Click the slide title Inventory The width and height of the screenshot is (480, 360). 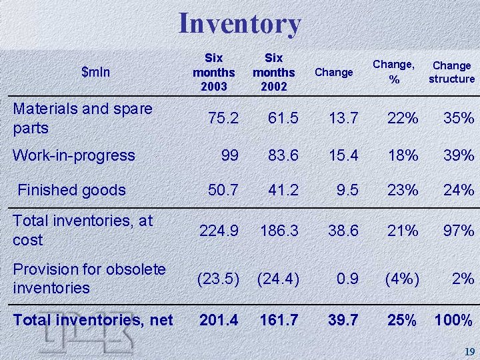click(239, 24)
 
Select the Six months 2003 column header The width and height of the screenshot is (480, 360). click(213, 72)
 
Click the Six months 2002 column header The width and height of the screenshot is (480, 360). click(274, 72)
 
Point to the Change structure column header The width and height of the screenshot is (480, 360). click(451, 72)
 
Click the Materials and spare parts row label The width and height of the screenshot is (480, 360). click(83, 117)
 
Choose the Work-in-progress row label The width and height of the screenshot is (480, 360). click(74, 155)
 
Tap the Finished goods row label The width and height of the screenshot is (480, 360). click(71, 190)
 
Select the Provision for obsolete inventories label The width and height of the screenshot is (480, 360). click(89, 278)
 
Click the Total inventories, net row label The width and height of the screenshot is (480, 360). click(93, 321)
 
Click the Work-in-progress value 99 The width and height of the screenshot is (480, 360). click(229, 155)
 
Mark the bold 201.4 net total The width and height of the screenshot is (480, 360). click(219, 321)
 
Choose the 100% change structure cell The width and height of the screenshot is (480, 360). click(453, 321)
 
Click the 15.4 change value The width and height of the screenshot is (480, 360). click(344, 155)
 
